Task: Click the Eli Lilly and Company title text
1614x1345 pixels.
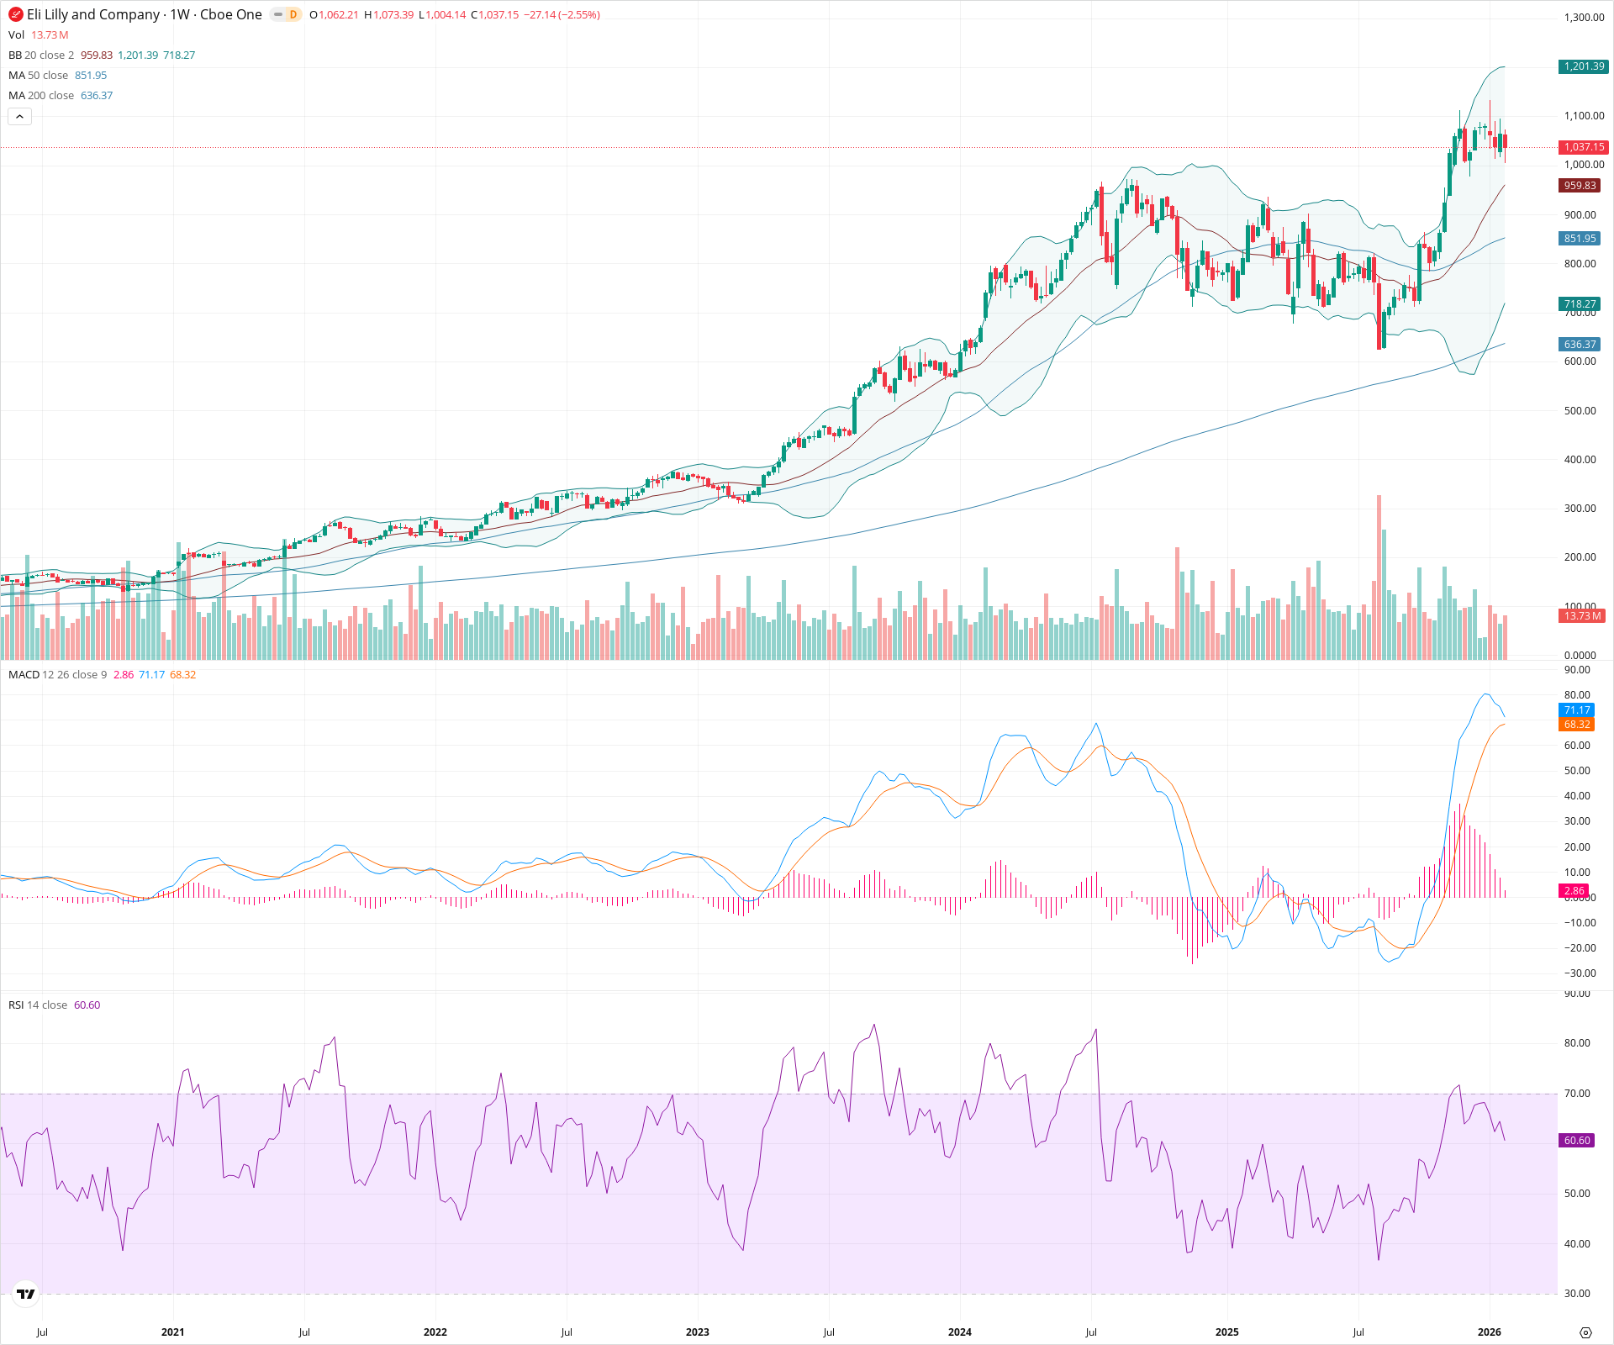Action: (x=93, y=14)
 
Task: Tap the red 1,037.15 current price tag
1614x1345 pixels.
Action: (x=1583, y=147)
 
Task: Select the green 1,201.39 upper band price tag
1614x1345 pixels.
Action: (x=1583, y=66)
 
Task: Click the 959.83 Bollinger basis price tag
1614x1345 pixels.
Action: (x=1580, y=186)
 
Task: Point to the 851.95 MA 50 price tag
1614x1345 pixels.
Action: (x=1580, y=239)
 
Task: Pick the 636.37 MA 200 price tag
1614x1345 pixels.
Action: (x=1580, y=345)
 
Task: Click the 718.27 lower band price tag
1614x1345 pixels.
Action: (x=1580, y=304)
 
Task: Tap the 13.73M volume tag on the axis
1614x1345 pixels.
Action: (x=1581, y=616)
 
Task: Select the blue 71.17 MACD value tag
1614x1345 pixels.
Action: (x=1576, y=710)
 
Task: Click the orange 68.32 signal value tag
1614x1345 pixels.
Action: (x=1576, y=725)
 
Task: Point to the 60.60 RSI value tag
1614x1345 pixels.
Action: (x=1576, y=1141)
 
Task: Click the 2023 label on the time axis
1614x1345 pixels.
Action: (x=697, y=1332)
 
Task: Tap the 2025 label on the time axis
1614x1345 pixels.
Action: (x=1226, y=1332)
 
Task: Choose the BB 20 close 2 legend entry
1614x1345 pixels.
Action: (x=41, y=55)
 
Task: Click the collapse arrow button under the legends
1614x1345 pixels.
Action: (x=19, y=117)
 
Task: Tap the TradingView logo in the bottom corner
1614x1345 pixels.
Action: (x=26, y=1294)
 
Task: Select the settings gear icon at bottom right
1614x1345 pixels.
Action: (x=1585, y=1332)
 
